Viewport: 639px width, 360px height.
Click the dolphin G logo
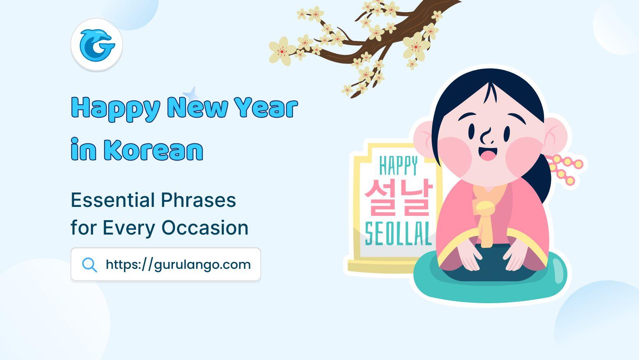click(97, 45)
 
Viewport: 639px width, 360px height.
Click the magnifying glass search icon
click(89, 265)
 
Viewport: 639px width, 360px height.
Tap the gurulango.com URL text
click(178, 265)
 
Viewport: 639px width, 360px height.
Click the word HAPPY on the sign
click(398, 166)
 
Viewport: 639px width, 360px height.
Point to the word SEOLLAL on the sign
click(398, 233)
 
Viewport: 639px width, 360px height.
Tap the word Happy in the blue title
click(116, 108)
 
